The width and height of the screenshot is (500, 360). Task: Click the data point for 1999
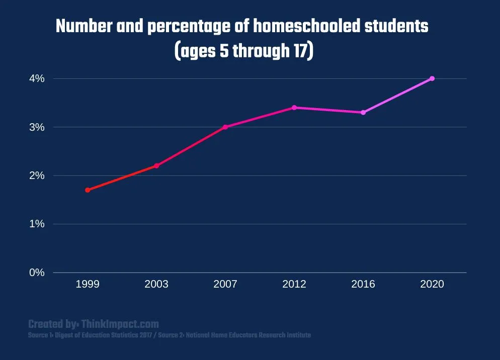click(88, 190)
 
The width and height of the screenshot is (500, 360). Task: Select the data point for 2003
click(156, 166)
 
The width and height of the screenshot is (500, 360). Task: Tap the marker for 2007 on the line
click(225, 127)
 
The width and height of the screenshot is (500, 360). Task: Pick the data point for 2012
click(294, 108)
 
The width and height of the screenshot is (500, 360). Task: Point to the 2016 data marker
click(363, 112)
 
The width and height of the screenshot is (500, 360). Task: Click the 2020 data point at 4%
click(432, 78)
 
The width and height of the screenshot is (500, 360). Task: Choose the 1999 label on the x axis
click(88, 285)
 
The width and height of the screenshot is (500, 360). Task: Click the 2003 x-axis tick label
click(156, 285)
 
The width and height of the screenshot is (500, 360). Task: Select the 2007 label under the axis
click(225, 285)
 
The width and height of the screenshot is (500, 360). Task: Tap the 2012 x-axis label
click(294, 285)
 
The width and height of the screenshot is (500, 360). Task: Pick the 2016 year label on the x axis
click(363, 285)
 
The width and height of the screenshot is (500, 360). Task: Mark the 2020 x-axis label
click(432, 285)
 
